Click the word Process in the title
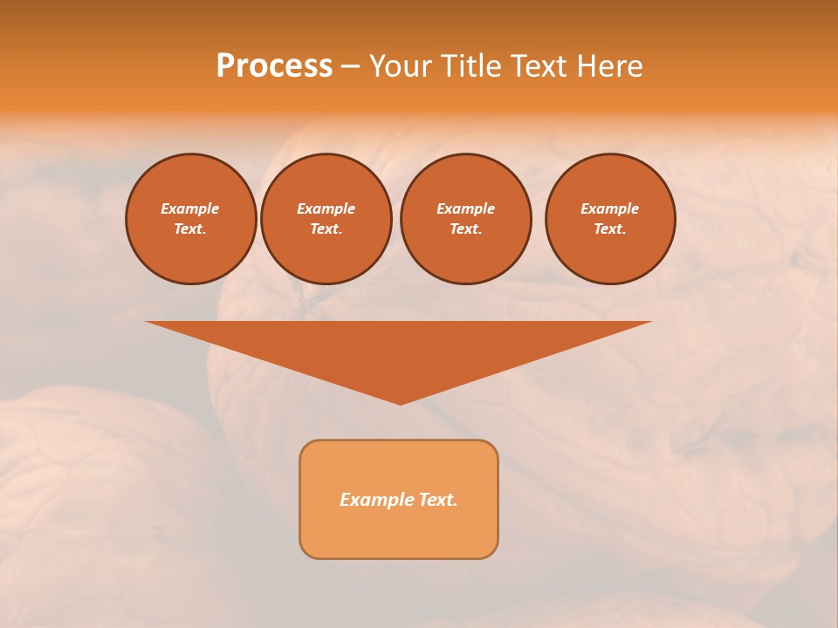274,66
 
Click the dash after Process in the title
350,67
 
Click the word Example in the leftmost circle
190,208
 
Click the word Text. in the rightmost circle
610,229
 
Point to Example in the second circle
326,208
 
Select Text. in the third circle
465,229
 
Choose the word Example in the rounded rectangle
374,500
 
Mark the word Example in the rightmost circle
610,208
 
